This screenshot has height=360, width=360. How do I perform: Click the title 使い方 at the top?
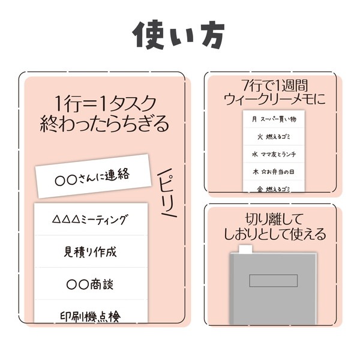(x=179, y=35)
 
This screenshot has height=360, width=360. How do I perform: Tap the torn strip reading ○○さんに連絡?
(x=94, y=176)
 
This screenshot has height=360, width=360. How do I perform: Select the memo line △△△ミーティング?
(x=89, y=220)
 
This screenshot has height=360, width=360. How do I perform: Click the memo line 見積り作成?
(x=90, y=252)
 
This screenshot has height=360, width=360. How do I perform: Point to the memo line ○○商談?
(x=90, y=284)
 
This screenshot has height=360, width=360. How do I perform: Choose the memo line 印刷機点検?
(x=90, y=317)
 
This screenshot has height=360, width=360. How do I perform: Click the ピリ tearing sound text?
(x=167, y=193)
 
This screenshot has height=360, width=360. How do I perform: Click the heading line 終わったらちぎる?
(x=104, y=124)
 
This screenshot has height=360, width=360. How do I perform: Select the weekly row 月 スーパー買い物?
(x=274, y=119)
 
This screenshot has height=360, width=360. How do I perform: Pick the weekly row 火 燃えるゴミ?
(x=274, y=137)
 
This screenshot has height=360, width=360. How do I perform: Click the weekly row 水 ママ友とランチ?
(x=274, y=154)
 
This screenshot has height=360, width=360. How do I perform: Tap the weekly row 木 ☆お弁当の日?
(x=274, y=172)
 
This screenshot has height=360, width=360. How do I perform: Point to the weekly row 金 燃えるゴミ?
(x=274, y=189)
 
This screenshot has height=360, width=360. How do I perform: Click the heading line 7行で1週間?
(x=275, y=85)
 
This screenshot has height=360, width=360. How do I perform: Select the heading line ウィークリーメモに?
(x=275, y=100)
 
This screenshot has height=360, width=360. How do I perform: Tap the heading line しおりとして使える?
(x=275, y=234)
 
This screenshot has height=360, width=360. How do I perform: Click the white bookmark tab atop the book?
(x=245, y=249)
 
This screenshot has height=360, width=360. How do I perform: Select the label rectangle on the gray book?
(x=274, y=280)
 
